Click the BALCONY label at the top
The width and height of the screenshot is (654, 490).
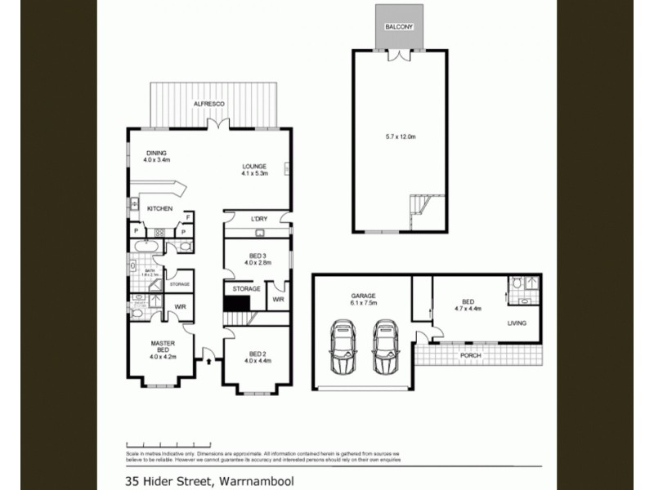[x=400, y=27]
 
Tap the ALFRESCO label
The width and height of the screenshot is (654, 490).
[x=208, y=105]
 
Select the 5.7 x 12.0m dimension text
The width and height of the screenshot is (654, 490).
[x=401, y=137]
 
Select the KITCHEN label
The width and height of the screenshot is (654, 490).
[x=159, y=210]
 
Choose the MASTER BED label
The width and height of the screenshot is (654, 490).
[x=163, y=347]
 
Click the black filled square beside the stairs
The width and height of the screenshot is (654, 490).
[x=239, y=303]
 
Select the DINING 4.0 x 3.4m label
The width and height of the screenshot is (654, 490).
[x=155, y=156]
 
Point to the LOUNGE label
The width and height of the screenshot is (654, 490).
[x=255, y=168]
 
